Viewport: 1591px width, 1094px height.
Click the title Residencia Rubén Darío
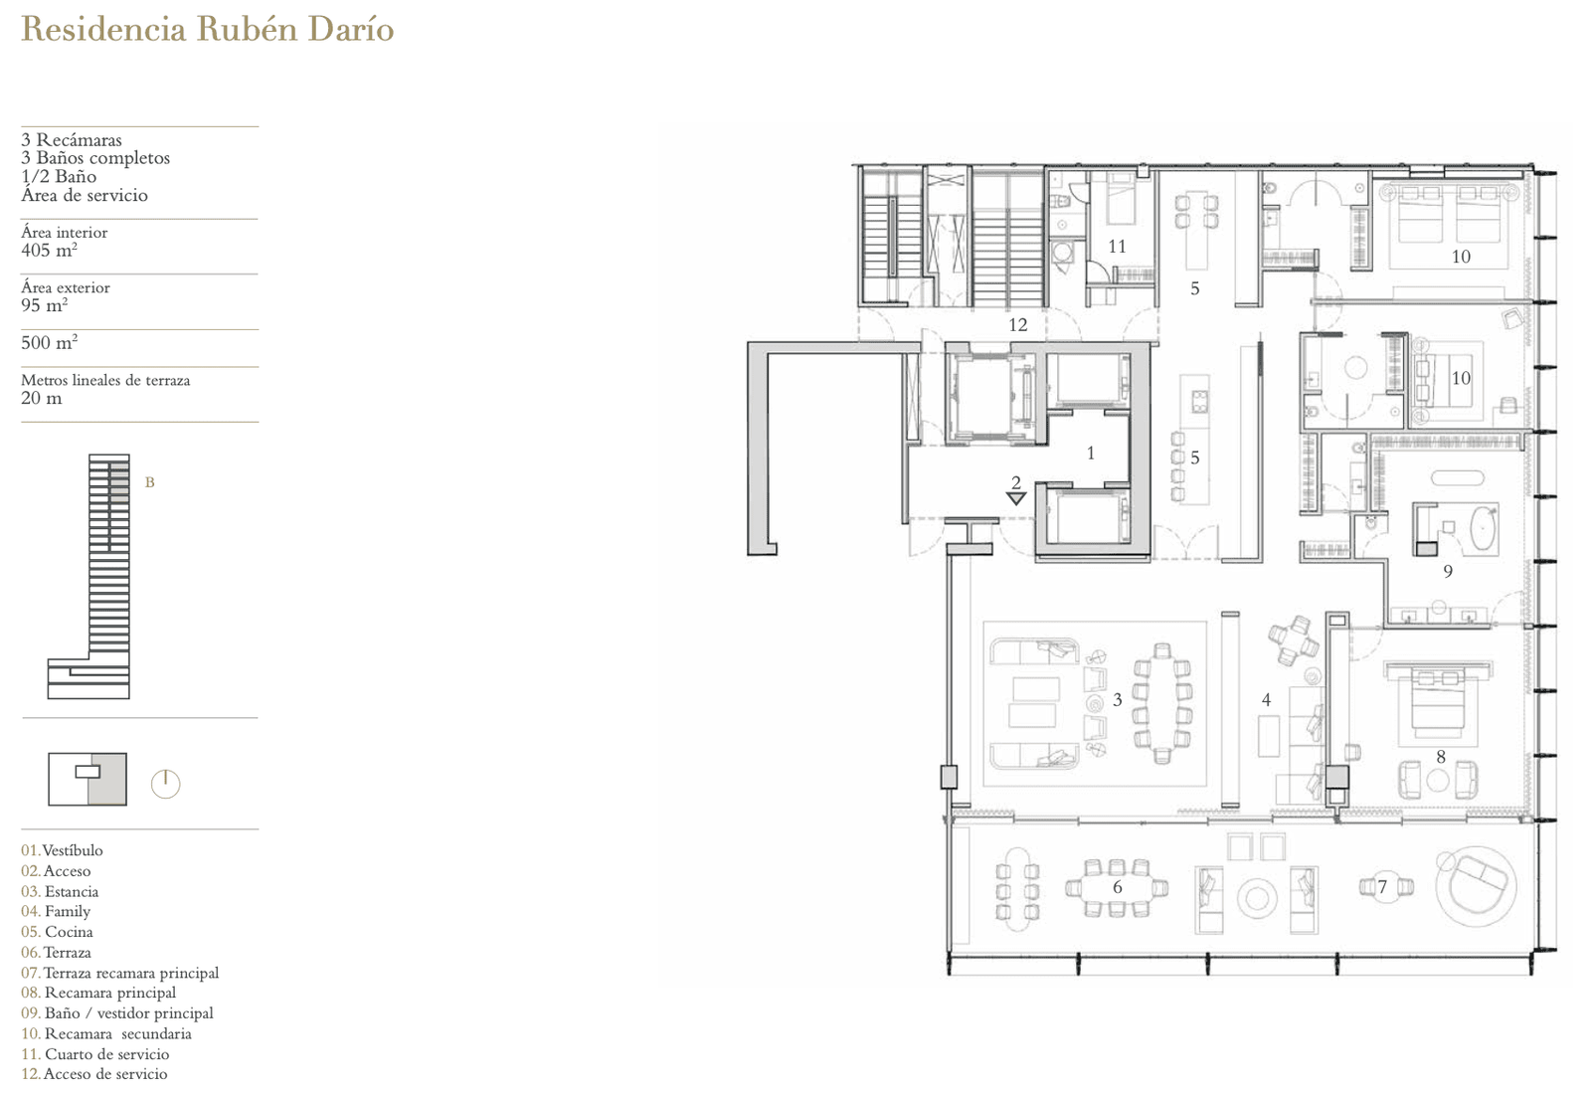coord(208,30)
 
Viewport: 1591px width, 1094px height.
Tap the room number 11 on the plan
coord(1118,247)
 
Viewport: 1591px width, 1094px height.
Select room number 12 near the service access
coord(1018,324)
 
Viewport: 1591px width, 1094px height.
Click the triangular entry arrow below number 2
coord(1016,498)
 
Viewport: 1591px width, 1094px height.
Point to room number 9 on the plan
coord(1448,571)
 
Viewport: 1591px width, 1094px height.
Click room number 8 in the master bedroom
coord(1441,757)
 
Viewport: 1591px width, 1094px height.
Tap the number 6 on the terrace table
coord(1118,886)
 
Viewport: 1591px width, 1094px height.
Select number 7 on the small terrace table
coord(1382,886)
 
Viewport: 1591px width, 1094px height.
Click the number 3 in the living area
coord(1118,700)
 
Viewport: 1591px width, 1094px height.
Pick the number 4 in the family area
coord(1266,700)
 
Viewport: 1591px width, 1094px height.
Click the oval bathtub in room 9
coord(1483,529)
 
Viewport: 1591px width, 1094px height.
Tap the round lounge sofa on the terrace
coord(1476,886)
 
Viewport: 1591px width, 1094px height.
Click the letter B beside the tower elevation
coord(149,482)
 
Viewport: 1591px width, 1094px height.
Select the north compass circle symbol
coord(165,785)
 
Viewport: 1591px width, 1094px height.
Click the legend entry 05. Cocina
coord(57,931)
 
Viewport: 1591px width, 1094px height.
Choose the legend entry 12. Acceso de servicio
coord(94,1073)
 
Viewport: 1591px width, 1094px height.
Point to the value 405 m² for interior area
coord(49,250)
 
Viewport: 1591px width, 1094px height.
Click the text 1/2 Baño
coord(59,176)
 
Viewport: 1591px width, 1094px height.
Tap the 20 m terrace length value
coord(41,398)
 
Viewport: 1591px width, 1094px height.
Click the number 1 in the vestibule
coord(1091,453)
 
